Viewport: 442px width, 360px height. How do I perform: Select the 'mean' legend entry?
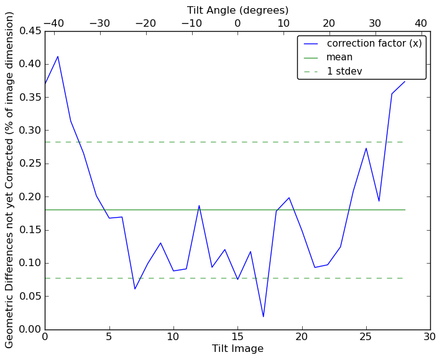(x=339, y=57)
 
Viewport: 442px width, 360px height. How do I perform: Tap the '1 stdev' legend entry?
(x=344, y=72)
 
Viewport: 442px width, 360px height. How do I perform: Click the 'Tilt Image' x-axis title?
(x=237, y=349)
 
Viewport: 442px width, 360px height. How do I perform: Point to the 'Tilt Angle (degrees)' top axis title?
(x=237, y=10)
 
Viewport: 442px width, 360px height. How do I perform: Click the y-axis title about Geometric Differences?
(x=10, y=180)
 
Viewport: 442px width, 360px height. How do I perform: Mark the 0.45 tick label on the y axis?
(x=27, y=31)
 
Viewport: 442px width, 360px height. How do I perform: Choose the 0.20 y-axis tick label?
(x=27, y=196)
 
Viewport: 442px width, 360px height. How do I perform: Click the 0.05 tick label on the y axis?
(x=27, y=296)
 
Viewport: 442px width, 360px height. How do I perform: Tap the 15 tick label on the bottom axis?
(x=237, y=337)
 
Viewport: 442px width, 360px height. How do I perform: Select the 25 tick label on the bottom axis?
(x=366, y=337)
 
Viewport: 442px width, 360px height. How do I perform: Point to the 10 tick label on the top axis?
(x=283, y=24)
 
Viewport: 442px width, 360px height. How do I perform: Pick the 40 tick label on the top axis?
(x=421, y=24)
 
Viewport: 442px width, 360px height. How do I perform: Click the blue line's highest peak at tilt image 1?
(x=58, y=57)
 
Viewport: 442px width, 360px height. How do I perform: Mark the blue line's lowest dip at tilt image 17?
(x=263, y=317)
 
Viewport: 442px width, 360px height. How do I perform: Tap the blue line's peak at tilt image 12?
(x=199, y=205)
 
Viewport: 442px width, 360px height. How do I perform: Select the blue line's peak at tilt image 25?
(x=366, y=148)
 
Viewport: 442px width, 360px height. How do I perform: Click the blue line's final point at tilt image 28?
(x=405, y=81)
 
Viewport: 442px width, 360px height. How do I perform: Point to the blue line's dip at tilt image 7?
(x=135, y=288)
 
